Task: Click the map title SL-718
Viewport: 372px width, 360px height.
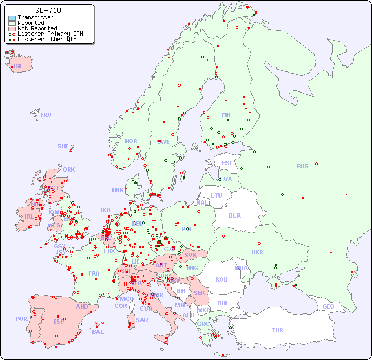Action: tap(48, 10)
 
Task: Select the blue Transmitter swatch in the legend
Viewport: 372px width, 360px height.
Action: tap(12, 18)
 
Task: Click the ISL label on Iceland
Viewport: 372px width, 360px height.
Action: tap(18, 67)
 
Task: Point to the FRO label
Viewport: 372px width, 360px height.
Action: tap(46, 115)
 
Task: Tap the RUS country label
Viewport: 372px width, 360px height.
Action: tap(302, 166)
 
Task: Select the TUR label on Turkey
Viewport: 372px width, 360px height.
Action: tap(277, 330)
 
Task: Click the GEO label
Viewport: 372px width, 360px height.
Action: tap(328, 306)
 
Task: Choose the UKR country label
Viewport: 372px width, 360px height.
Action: tap(257, 252)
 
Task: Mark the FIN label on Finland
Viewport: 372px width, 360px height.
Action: tap(226, 115)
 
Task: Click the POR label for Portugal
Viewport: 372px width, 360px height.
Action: tap(21, 319)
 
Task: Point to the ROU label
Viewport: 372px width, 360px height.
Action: tap(221, 279)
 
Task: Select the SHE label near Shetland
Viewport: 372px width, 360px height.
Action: tap(63, 146)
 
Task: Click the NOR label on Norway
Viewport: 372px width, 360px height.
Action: tap(131, 141)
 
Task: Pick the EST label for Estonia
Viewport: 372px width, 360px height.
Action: tap(227, 163)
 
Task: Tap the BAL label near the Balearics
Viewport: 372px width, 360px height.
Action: tap(98, 332)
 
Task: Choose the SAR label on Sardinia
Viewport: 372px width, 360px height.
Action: tap(142, 320)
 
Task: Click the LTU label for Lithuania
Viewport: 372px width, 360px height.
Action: tap(216, 195)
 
